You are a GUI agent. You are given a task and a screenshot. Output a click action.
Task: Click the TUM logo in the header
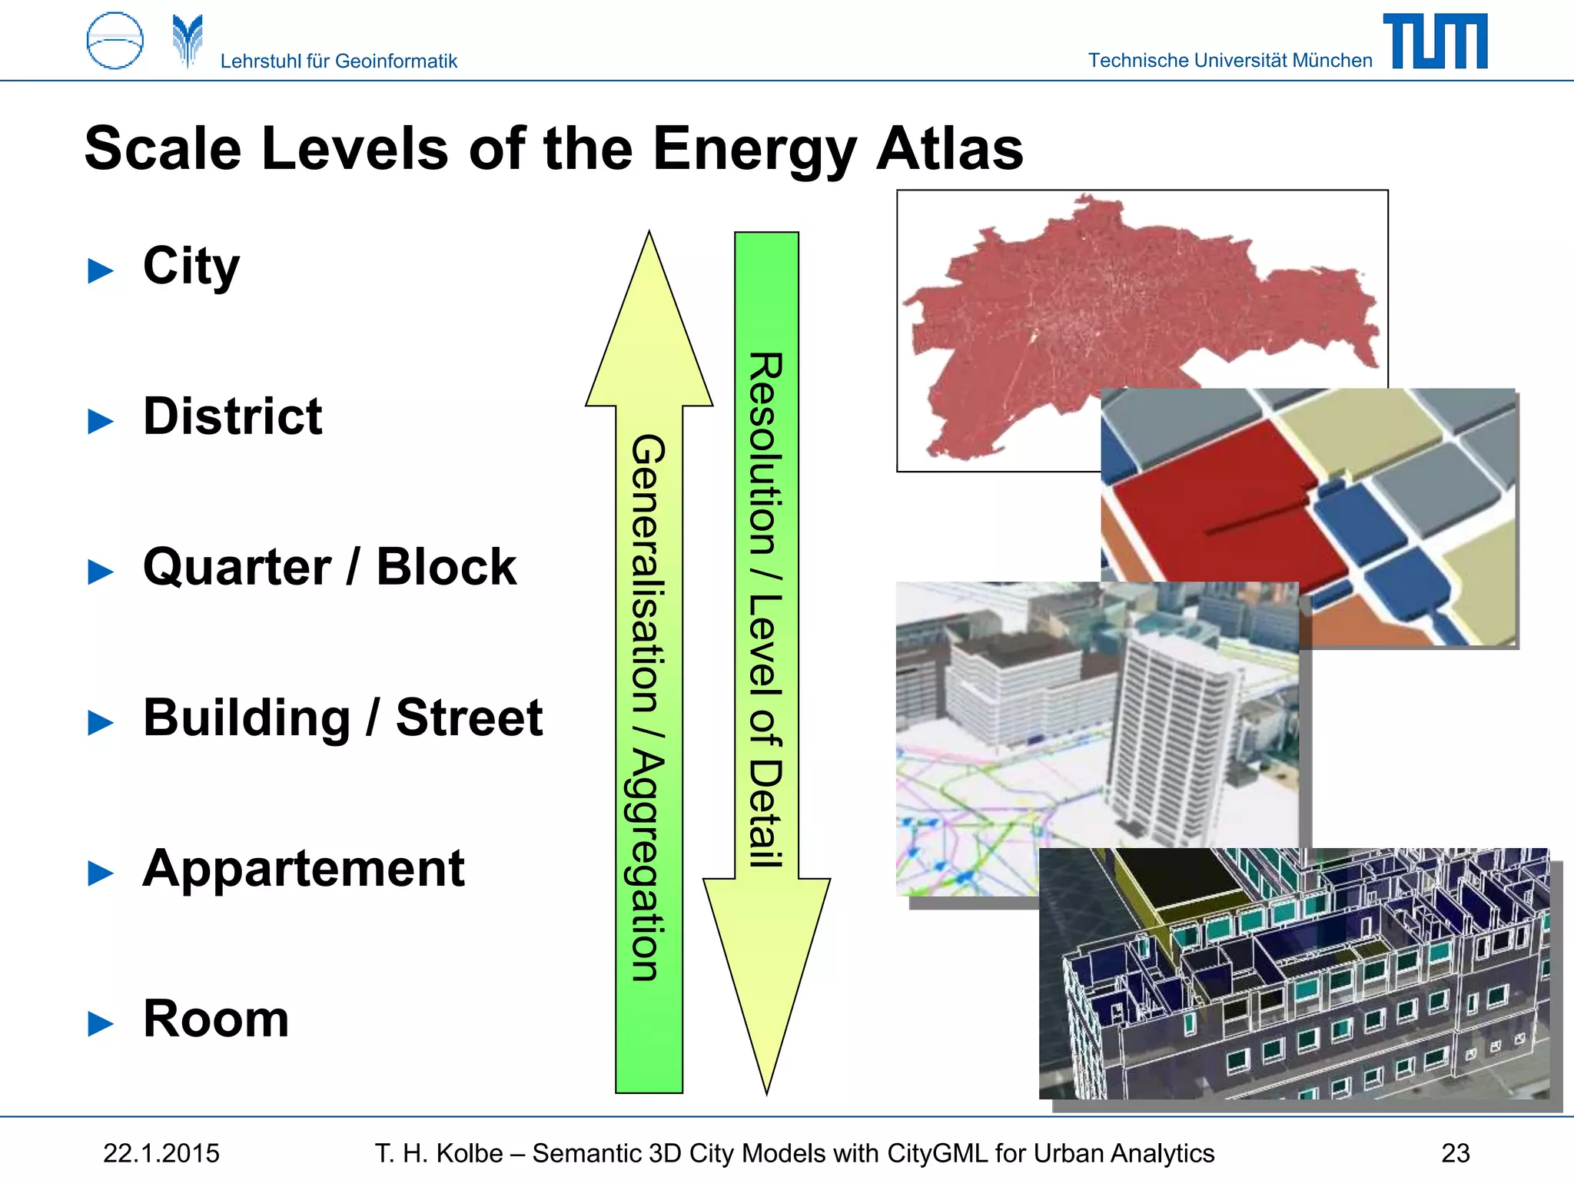(1435, 41)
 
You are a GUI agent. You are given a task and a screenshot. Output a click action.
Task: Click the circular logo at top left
(115, 41)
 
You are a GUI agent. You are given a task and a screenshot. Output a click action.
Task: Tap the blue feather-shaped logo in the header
(188, 41)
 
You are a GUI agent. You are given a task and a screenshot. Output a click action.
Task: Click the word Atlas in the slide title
(949, 148)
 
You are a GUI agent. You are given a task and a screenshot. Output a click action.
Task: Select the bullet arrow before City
(101, 270)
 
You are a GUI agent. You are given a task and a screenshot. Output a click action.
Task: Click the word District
(232, 416)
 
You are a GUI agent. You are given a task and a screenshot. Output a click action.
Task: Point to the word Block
(446, 567)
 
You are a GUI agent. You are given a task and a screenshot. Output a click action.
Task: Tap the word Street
(469, 718)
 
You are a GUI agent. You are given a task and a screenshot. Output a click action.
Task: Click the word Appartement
(304, 868)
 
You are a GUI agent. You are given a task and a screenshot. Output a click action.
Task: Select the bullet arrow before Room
(101, 1023)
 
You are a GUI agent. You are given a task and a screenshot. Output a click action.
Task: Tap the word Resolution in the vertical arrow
(766, 453)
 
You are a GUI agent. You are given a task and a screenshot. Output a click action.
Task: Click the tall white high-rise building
(1168, 737)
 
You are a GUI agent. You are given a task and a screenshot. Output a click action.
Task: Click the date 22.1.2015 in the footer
(161, 1153)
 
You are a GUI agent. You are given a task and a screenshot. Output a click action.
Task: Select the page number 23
(1455, 1153)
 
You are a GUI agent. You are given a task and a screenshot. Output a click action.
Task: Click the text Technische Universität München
(1230, 61)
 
